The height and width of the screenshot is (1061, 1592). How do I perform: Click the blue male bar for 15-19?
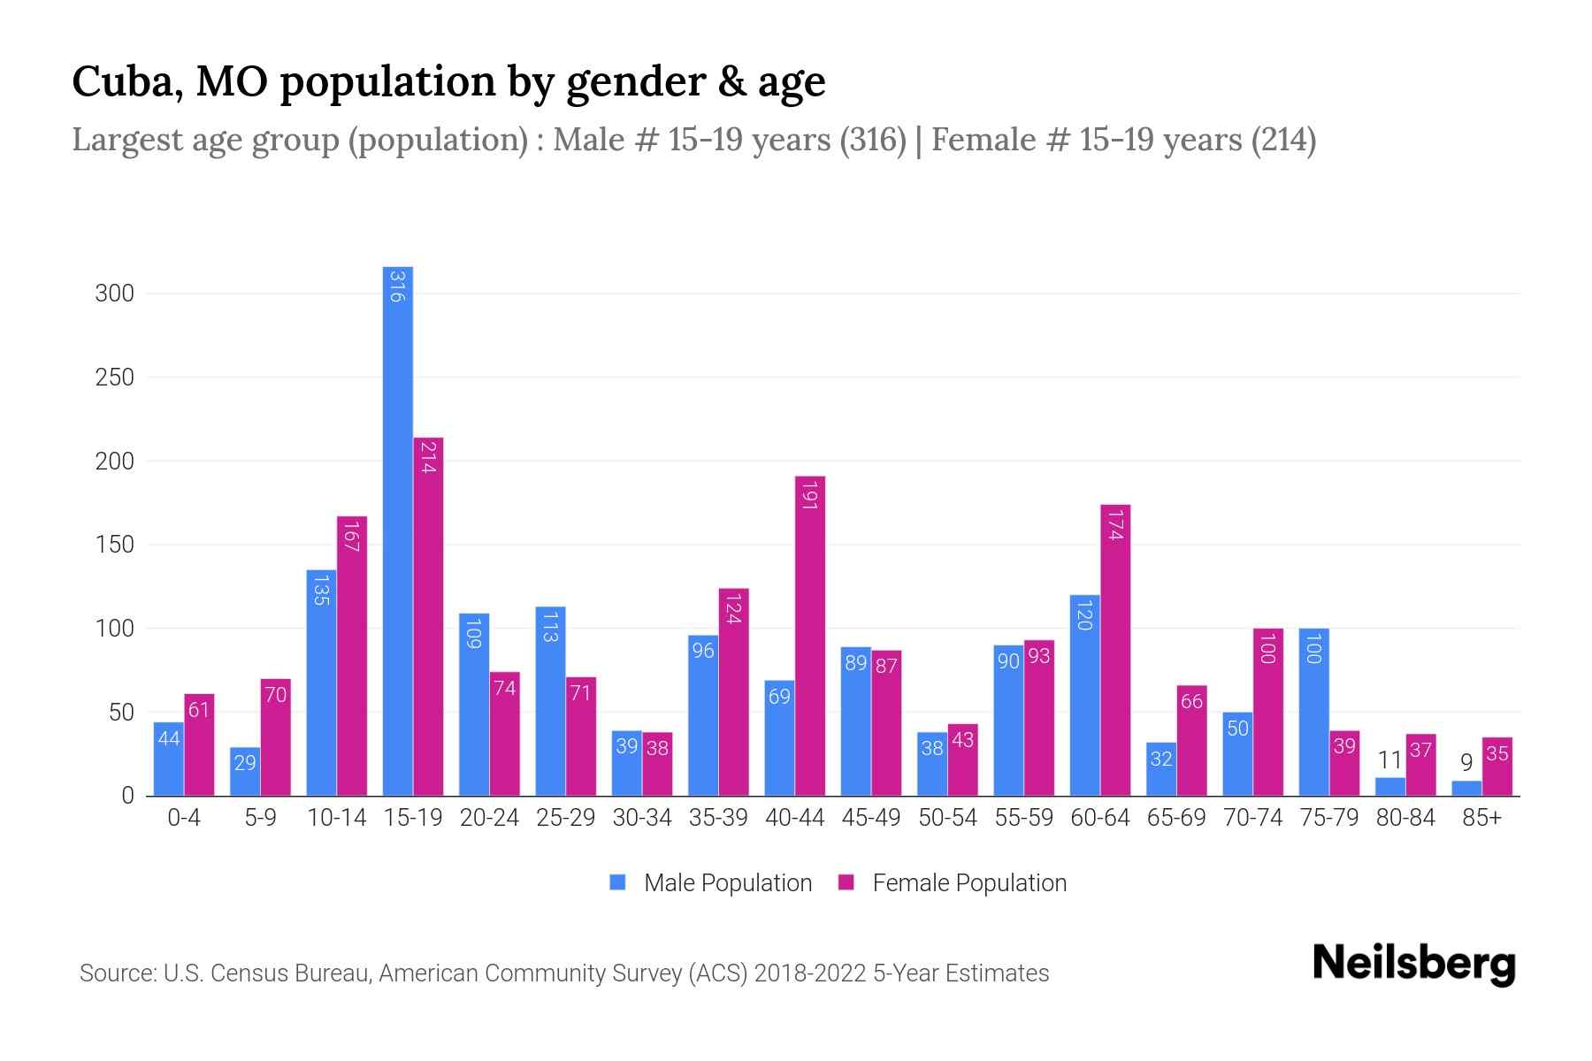tap(397, 530)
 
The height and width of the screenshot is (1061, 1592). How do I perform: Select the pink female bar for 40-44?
tap(809, 637)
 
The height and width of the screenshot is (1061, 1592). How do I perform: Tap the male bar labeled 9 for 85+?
tap(1466, 788)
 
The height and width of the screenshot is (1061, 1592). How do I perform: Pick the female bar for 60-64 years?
tap(1115, 650)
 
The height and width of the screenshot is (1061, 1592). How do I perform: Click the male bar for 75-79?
tap(1313, 712)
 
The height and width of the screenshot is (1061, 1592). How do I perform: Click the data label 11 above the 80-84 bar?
tap(1389, 760)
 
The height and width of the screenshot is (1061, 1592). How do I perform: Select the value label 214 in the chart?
tap(428, 458)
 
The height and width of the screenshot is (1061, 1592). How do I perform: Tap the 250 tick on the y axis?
tap(114, 378)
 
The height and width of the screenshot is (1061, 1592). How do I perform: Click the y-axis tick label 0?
tap(127, 796)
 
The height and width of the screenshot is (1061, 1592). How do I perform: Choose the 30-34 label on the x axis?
tap(642, 818)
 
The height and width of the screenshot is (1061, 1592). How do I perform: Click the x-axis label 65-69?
tap(1175, 818)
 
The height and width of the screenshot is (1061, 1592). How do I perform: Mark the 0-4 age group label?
tap(184, 818)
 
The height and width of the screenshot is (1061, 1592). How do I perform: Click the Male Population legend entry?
tap(727, 883)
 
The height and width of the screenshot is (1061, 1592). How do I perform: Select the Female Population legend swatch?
tap(846, 882)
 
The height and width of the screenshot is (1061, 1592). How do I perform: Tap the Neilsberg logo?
tap(1413, 964)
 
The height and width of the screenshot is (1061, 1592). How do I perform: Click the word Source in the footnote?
tap(115, 973)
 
